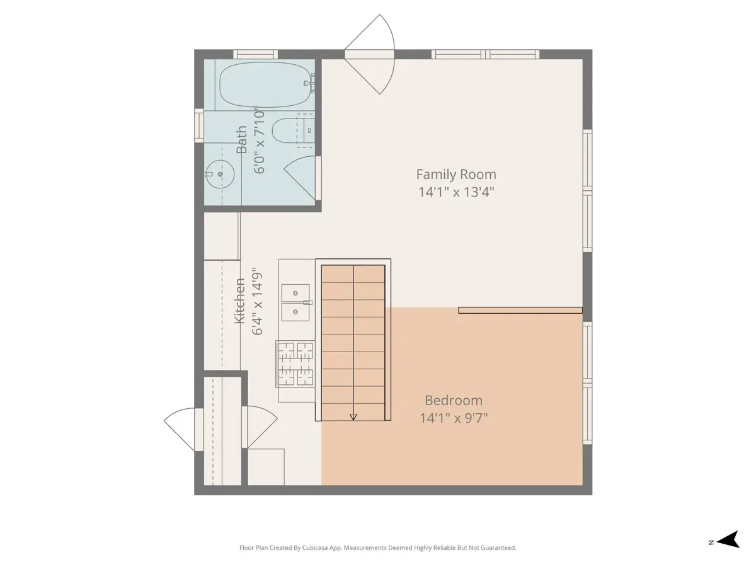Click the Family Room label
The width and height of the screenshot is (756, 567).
tap(456, 175)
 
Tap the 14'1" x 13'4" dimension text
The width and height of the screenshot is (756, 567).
tap(456, 192)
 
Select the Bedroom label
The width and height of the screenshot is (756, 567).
tap(453, 401)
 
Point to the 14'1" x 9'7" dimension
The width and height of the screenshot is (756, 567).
tap(453, 418)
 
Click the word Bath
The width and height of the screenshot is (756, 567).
tap(241, 139)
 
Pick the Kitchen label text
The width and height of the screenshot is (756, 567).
tap(239, 301)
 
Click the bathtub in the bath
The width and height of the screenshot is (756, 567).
tap(265, 84)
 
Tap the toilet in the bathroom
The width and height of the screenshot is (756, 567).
tap(293, 130)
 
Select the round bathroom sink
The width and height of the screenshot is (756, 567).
tap(220, 174)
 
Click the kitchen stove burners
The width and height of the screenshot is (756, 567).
tap(295, 364)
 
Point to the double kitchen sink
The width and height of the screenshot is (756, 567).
tap(295, 302)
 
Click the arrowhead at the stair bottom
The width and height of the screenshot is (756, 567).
tap(353, 417)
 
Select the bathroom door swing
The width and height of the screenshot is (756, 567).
tap(301, 178)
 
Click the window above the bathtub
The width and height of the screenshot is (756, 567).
tap(255, 54)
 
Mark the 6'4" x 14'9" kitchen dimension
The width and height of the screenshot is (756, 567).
tap(257, 301)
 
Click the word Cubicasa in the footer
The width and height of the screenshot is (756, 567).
tap(316, 547)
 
